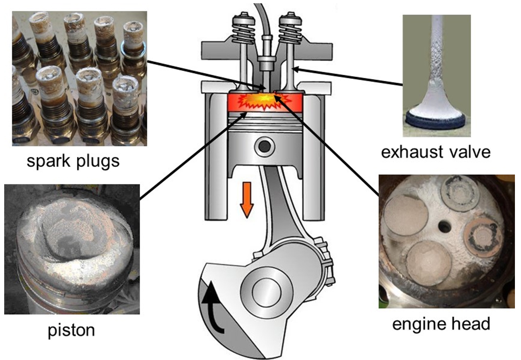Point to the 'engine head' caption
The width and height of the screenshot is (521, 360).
(x=441, y=323)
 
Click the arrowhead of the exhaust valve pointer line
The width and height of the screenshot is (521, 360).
(x=295, y=70)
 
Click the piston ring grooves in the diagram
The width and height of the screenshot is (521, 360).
(x=265, y=124)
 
